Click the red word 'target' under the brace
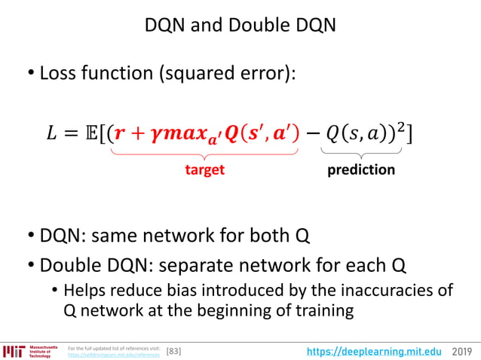(x=205, y=169)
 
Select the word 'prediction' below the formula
(x=361, y=169)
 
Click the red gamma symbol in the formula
(x=158, y=136)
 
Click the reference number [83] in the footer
(x=173, y=351)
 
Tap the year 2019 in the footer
(x=462, y=351)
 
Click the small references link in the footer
(x=113, y=354)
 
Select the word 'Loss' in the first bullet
(x=58, y=74)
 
